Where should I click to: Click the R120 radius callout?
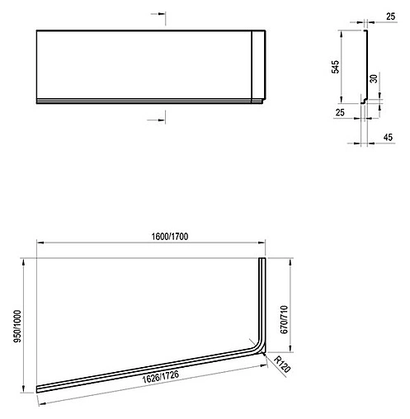pyautogui.click(x=282, y=362)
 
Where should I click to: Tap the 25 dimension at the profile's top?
pyautogui.click(x=391, y=15)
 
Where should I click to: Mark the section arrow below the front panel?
pyautogui.click(x=153, y=121)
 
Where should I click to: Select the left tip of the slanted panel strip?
pyautogui.click(x=39, y=388)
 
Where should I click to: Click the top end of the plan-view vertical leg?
pyautogui.click(x=263, y=259)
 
